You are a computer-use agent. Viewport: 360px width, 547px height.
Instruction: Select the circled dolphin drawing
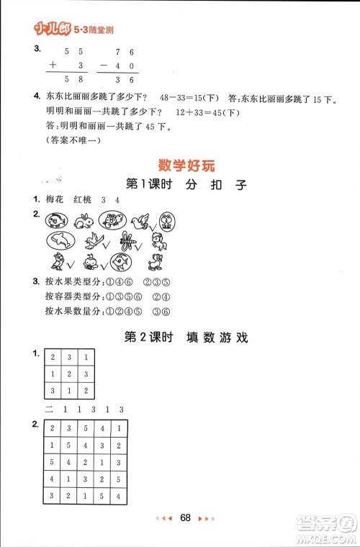[x=58, y=240]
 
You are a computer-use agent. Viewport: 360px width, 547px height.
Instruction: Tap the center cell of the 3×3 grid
[x=70, y=374]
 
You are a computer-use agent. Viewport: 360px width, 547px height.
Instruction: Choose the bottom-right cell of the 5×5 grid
[x=120, y=496]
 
